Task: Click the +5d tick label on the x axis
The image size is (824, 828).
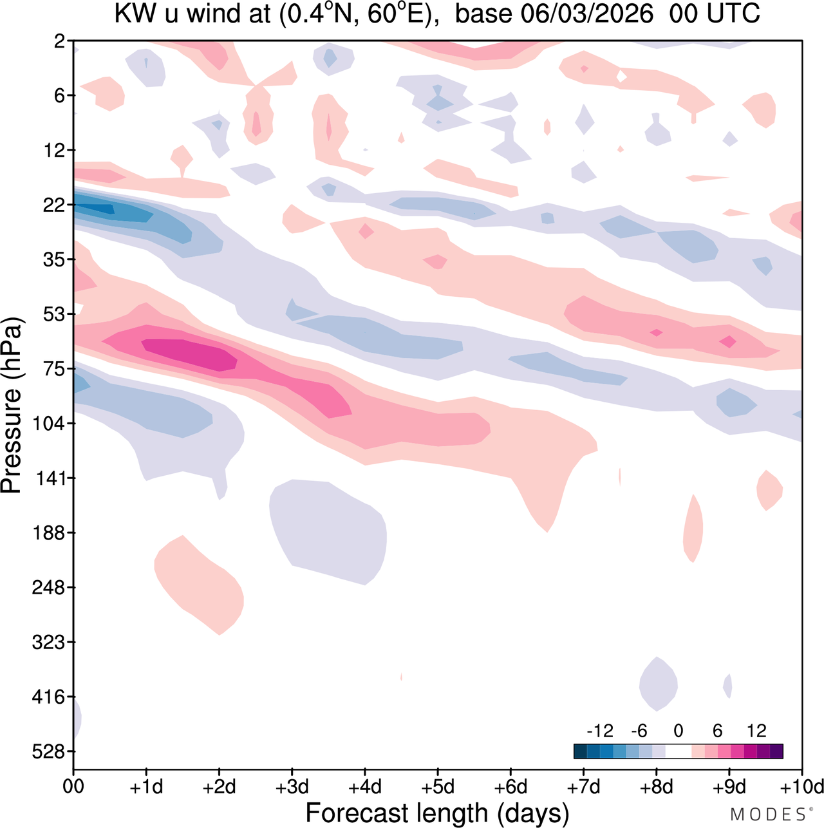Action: (x=438, y=787)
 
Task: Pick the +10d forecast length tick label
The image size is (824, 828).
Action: (x=802, y=787)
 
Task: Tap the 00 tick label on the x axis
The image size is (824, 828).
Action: (x=73, y=787)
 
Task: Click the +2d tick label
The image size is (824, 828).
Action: (x=219, y=787)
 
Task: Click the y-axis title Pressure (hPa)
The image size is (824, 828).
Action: (x=12, y=406)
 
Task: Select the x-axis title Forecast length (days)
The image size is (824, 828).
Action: (x=437, y=813)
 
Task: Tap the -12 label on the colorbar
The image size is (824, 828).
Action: (x=600, y=731)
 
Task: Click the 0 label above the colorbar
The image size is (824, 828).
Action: (x=678, y=731)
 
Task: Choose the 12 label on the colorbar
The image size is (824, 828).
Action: (x=756, y=731)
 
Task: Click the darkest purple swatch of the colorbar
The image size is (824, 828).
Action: (x=776, y=751)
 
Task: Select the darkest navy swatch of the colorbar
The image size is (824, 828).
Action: (x=580, y=751)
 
